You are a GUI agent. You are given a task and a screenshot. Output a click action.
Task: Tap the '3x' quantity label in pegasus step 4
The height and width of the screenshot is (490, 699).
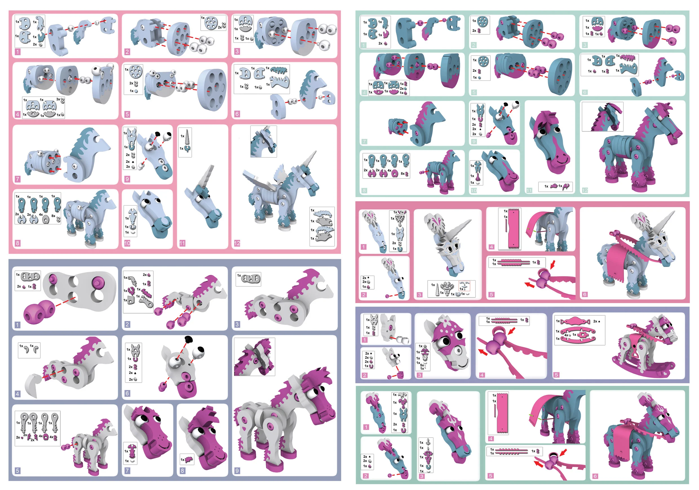tap(58, 99)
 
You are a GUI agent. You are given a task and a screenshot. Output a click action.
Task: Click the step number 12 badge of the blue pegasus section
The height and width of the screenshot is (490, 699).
tap(237, 243)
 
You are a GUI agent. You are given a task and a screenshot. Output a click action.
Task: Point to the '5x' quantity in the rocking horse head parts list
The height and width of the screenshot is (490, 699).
tap(422, 365)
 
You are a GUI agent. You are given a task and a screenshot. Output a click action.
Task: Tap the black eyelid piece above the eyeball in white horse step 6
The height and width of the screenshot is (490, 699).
tap(189, 338)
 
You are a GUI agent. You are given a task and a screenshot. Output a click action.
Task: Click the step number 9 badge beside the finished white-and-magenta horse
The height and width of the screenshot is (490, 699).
tap(237, 471)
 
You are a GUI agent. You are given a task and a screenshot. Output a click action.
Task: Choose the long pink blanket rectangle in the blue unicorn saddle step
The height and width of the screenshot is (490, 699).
tap(513, 229)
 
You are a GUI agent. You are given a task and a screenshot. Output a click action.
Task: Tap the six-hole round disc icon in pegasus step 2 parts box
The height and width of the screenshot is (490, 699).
tap(211, 23)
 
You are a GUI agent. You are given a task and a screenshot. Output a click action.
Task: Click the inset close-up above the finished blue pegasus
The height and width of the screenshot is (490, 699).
tap(263, 141)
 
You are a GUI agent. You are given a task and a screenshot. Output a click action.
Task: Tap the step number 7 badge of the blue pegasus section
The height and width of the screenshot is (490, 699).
tap(18, 179)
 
